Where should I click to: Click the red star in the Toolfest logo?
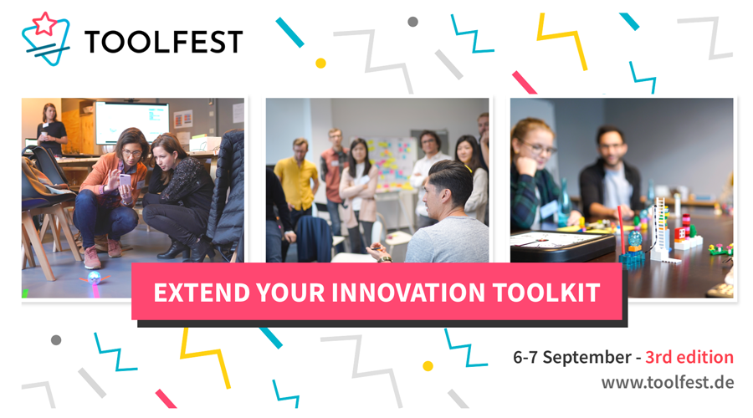[x=44, y=23]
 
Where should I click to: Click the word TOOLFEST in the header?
[x=164, y=42]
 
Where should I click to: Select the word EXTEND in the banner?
[x=202, y=293]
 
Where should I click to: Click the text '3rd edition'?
[x=689, y=357]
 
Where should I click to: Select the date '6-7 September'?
[x=572, y=358]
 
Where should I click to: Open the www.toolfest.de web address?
[x=668, y=383]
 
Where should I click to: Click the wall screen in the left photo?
[x=131, y=122]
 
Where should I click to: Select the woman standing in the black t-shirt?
[x=51, y=129]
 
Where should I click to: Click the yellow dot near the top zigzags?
[x=320, y=63]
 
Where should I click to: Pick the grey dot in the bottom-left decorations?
[x=56, y=339]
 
